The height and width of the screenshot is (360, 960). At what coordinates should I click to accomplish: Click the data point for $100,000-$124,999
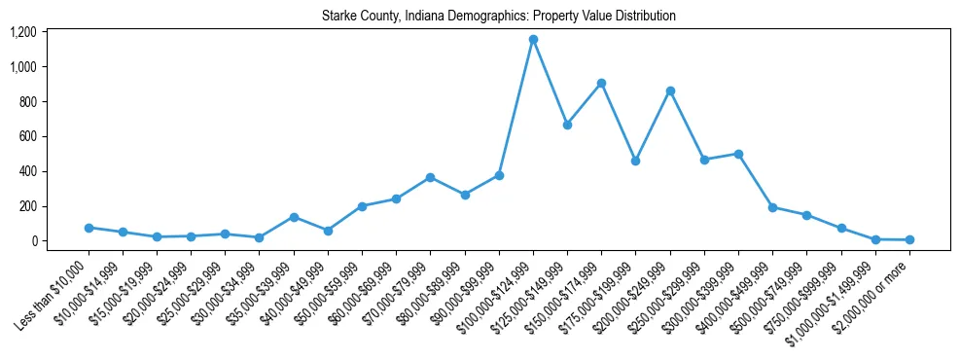click(x=533, y=39)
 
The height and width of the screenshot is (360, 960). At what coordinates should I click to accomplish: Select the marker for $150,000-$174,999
click(x=601, y=83)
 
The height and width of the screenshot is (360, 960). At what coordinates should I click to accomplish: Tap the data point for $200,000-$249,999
click(x=670, y=90)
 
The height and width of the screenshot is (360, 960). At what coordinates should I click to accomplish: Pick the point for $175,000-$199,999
click(x=635, y=161)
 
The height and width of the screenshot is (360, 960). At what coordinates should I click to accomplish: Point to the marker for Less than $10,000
click(x=89, y=228)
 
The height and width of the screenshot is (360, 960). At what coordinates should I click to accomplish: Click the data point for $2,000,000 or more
click(x=909, y=239)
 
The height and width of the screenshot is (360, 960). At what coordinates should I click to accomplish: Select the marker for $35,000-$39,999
click(x=294, y=217)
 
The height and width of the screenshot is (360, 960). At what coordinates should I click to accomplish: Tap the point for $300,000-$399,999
click(x=738, y=154)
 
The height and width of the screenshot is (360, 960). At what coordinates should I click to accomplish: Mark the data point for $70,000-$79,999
click(x=430, y=177)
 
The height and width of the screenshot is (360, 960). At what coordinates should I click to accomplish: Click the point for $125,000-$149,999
click(x=567, y=125)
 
